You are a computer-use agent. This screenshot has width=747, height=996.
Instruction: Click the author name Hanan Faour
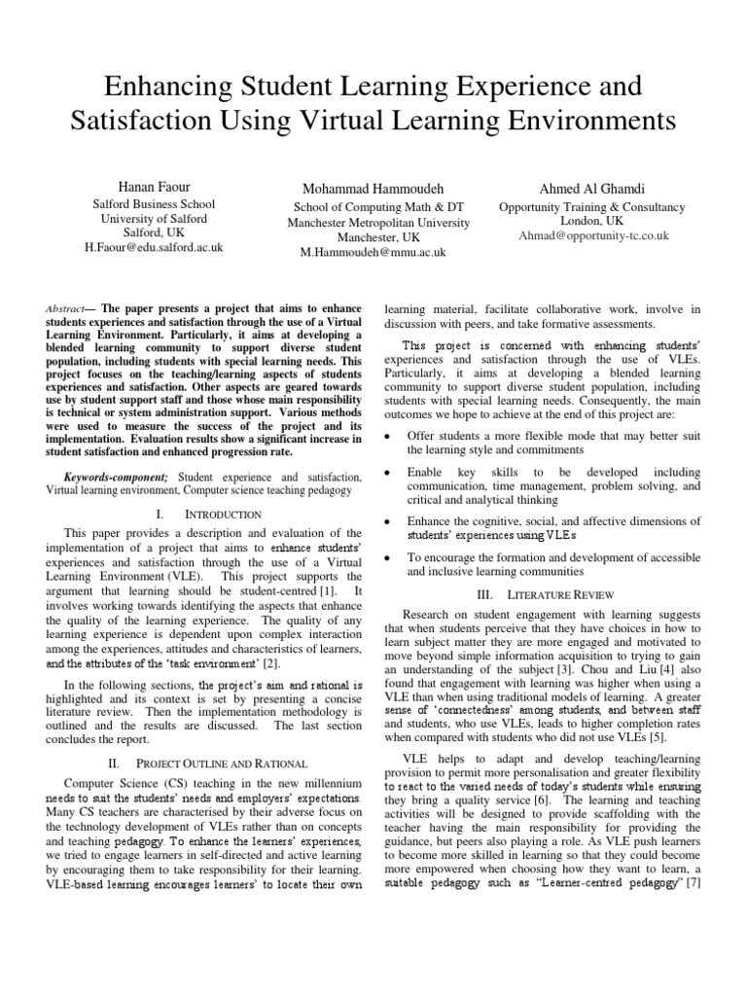(x=153, y=186)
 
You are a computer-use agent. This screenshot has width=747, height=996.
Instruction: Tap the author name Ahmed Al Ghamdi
(x=592, y=187)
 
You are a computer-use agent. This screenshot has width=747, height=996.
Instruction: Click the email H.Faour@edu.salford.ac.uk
(x=154, y=248)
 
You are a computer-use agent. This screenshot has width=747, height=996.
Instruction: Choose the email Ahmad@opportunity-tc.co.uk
(x=592, y=235)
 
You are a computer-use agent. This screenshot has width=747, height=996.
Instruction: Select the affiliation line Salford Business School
(x=154, y=205)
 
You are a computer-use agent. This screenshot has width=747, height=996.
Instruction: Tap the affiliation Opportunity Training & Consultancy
(x=592, y=207)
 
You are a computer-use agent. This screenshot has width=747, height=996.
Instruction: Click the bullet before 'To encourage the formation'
(x=389, y=557)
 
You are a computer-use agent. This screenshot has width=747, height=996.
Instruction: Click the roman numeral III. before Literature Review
(x=487, y=592)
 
